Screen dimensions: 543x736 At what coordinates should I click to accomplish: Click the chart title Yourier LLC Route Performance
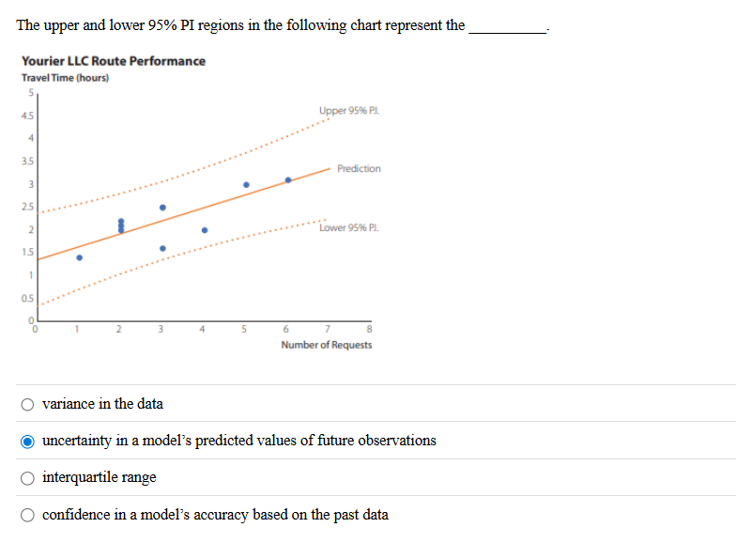pyautogui.click(x=114, y=61)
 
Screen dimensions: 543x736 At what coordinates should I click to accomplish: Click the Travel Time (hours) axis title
pyautogui.click(x=66, y=77)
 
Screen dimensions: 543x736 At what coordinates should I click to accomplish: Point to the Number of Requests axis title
pyautogui.click(x=327, y=345)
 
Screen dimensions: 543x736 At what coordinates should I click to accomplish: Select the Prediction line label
pyautogui.click(x=359, y=169)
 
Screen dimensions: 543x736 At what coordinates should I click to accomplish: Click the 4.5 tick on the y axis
pyautogui.click(x=28, y=116)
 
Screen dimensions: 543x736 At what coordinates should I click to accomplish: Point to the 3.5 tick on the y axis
pyautogui.click(x=28, y=162)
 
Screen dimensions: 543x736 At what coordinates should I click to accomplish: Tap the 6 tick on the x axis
pyautogui.click(x=286, y=329)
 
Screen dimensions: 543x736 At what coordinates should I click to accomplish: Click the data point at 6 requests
pyautogui.click(x=288, y=179)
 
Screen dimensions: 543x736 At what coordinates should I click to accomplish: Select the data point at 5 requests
pyautogui.click(x=246, y=184)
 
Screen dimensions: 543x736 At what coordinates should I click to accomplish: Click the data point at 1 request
pyautogui.click(x=79, y=257)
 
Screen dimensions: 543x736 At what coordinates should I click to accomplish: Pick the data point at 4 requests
pyautogui.click(x=205, y=229)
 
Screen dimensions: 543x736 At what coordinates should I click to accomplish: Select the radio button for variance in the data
pyautogui.click(x=30, y=404)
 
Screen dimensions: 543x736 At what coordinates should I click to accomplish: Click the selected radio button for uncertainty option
pyautogui.click(x=30, y=441)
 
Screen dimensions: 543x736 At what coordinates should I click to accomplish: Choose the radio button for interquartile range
pyautogui.click(x=30, y=477)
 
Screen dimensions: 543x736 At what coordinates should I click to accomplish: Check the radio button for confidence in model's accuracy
pyautogui.click(x=30, y=515)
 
